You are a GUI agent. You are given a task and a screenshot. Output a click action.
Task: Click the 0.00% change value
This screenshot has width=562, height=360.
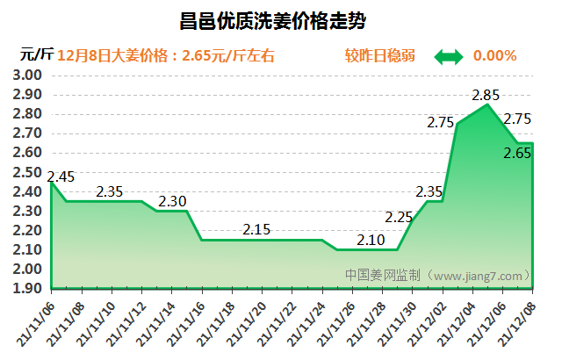(x=494, y=55)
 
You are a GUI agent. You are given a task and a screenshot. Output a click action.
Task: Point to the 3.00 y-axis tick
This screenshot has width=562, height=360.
(x=29, y=76)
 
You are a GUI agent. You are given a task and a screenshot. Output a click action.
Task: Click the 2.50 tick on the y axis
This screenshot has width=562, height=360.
(x=29, y=172)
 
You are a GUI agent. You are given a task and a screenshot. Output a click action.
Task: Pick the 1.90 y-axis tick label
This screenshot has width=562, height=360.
(x=29, y=288)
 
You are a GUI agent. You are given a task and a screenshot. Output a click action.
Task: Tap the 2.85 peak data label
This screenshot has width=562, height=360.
(x=486, y=94)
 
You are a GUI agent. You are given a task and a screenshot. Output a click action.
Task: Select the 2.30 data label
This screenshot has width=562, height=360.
(x=172, y=201)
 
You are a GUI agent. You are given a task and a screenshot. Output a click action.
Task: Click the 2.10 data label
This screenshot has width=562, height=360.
(x=372, y=240)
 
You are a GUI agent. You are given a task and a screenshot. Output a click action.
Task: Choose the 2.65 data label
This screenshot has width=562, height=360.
(x=517, y=154)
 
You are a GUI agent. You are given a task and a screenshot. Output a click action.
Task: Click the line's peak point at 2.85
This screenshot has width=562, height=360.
(x=487, y=104)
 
